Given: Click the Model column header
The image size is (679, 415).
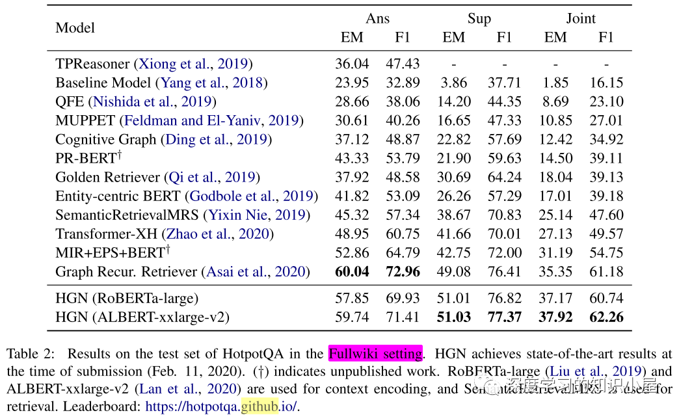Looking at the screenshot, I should (x=75, y=28).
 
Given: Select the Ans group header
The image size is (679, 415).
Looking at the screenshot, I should (x=377, y=18).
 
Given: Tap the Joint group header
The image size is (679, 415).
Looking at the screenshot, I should (x=580, y=18).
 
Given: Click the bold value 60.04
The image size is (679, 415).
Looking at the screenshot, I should (x=352, y=271).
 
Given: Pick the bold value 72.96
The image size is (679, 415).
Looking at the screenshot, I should (x=403, y=271).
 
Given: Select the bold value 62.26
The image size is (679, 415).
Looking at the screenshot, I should (x=606, y=317).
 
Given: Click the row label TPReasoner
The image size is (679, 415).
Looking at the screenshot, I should (x=92, y=64).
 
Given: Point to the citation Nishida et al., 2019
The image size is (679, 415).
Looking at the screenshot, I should (x=153, y=101).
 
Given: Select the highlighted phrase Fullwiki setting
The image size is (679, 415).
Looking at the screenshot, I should (x=375, y=354).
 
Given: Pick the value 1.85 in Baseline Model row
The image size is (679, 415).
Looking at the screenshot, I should (x=555, y=83).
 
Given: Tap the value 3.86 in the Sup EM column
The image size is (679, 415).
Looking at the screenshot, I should (x=453, y=83).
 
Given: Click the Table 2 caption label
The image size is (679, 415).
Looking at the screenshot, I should (x=28, y=354).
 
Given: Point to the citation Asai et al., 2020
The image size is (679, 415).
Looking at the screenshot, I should (x=256, y=271).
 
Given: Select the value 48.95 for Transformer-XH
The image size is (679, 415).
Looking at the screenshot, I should (x=352, y=234).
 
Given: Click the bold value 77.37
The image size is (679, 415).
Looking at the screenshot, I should (x=504, y=317).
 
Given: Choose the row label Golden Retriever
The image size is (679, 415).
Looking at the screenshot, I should (x=107, y=177).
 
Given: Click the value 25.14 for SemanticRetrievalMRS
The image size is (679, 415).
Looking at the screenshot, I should (x=555, y=215).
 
